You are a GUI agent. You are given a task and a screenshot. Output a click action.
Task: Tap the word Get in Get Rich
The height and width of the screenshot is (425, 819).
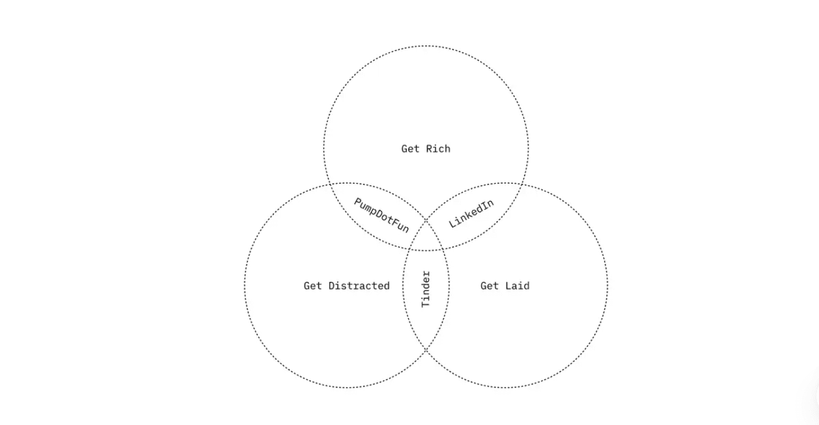coord(410,149)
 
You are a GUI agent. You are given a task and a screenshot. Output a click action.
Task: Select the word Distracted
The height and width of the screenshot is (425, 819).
coord(359,286)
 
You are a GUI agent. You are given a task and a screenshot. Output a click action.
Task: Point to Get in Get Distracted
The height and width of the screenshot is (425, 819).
coord(313,286)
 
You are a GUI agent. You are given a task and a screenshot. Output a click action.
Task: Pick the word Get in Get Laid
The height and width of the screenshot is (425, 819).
coord(489,286)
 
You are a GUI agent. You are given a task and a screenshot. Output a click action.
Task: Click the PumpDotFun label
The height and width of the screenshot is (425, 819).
coord(382,215)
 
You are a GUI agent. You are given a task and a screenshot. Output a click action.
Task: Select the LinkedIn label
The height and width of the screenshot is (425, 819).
coord(471,214)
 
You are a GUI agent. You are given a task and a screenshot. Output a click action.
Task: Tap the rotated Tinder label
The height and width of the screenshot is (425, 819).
coord(426,289)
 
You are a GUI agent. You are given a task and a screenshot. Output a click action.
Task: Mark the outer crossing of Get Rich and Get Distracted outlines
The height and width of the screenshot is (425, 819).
coord(330,184)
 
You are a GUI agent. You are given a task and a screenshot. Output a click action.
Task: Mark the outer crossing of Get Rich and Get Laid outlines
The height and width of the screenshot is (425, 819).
coord(522,184)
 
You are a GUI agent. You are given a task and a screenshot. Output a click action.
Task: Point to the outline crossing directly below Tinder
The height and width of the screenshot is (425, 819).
coord(426,349)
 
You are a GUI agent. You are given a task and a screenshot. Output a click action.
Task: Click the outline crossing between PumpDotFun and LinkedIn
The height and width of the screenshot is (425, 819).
coord(426,219)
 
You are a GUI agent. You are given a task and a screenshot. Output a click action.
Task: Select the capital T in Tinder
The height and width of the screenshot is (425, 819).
coord(426,304)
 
